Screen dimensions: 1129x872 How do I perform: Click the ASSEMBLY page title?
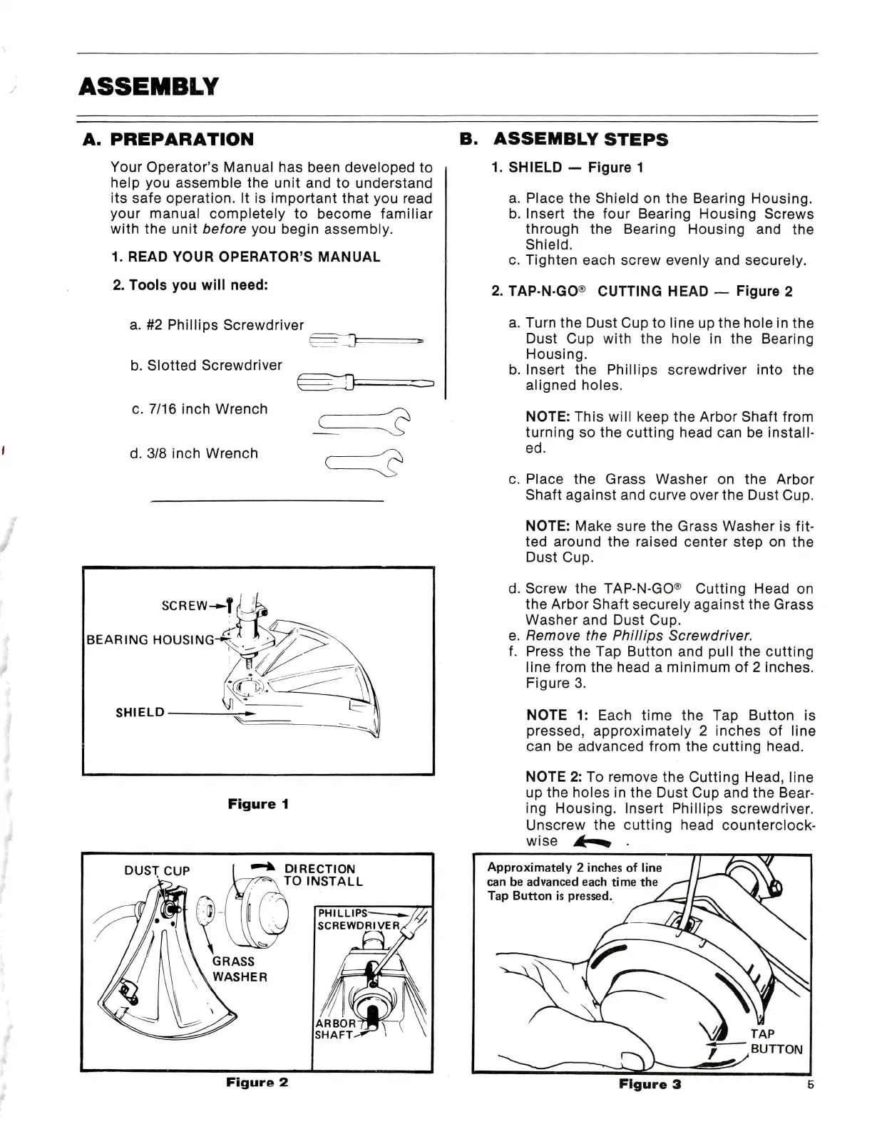pos(148,87)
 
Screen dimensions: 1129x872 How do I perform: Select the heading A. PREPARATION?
pos(168,139)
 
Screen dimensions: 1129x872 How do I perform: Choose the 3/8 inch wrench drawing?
pos(364,463)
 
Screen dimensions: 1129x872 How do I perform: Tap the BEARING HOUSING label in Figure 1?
pos(150,639)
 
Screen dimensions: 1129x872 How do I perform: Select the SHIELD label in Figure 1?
pos(140,712)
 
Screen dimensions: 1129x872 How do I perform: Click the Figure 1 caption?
pos(258,804)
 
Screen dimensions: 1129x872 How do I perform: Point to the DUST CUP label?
pos(157,871)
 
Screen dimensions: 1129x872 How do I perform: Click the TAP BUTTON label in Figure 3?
pos(776,1041)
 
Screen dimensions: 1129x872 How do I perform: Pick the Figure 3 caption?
pos(650,1084)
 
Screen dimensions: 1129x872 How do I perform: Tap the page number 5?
pos(810,1084)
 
